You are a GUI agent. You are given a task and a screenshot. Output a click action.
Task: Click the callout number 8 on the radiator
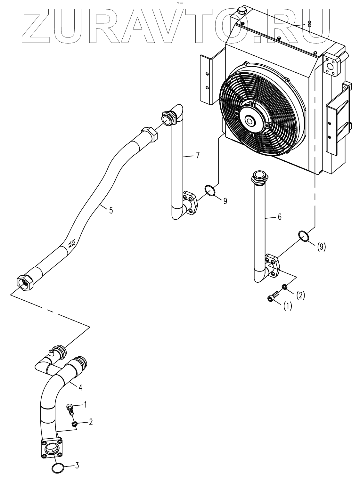309,24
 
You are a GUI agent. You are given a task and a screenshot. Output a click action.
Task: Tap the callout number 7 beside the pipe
198,156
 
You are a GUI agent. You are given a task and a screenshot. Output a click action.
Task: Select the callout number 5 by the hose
110,210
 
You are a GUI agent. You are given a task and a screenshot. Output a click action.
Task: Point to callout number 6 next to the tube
279,217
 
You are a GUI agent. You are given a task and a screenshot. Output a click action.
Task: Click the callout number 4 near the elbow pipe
80,387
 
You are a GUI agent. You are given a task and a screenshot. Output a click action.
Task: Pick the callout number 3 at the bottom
77,466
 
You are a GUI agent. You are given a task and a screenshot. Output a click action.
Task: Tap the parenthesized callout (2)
300,295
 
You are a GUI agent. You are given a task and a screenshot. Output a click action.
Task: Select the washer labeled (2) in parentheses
284,286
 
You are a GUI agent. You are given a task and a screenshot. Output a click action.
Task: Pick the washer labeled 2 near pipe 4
74,424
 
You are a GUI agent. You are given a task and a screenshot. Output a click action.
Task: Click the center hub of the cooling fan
250,121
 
